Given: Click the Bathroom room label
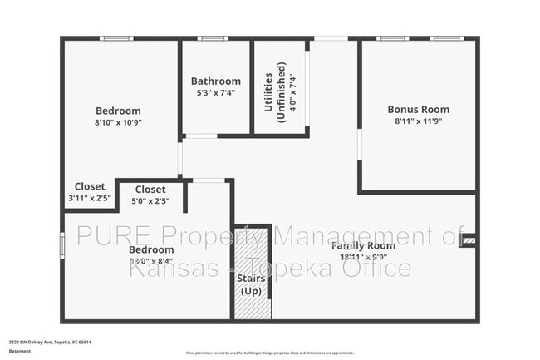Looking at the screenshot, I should pos(216,81).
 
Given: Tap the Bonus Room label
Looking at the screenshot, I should pos(419,109).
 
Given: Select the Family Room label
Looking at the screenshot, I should pos(364,246).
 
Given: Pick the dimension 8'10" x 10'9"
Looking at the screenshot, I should pos(118,122).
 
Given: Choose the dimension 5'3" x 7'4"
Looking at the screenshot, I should pos(216,93).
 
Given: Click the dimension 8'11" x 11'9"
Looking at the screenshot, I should pos(419,121).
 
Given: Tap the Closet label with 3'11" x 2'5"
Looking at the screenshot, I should pos(90,186).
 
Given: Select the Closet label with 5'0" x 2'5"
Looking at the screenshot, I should pos(150,190).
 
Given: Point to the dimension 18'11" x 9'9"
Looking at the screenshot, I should pos(364,258).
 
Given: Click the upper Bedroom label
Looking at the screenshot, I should pos(118,111).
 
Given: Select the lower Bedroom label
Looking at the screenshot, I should pos(151,249).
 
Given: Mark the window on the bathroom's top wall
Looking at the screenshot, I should pos(213,38).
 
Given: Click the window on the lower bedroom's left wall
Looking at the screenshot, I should pos(62,245).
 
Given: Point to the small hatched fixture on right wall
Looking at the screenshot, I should pos(469,240).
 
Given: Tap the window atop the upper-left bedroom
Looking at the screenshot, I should pos(116,38).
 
